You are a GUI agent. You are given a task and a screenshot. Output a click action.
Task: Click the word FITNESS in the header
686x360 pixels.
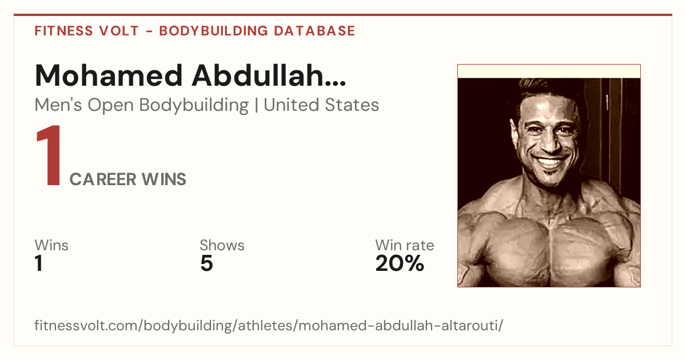[63, 31]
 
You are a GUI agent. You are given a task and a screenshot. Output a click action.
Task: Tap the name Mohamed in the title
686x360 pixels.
[109, 75]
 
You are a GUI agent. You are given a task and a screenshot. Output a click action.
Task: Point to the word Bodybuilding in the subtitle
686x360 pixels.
[194, 106]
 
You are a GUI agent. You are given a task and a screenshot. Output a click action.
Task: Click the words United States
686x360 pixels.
[321, 105]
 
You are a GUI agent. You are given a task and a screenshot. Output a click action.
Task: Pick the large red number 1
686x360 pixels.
[49, 155]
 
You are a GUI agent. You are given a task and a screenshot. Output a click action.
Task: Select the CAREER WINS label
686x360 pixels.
[127, 179]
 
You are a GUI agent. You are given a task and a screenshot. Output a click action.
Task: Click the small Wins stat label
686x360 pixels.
[51, 245]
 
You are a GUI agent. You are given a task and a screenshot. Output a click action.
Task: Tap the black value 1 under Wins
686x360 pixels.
[39, 263]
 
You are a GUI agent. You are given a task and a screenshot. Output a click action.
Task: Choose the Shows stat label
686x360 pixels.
[222, 245]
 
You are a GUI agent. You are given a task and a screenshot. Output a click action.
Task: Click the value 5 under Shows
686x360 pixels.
[207, 263]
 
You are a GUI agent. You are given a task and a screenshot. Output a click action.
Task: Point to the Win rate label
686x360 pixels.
[405, 245]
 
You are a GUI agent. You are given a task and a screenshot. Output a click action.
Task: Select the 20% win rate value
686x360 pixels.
[400, 263]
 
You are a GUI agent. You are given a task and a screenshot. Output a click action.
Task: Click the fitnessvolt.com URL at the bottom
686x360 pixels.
[269, 325]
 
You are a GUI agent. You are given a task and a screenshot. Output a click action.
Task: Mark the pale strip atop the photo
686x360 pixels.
[549, 71]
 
